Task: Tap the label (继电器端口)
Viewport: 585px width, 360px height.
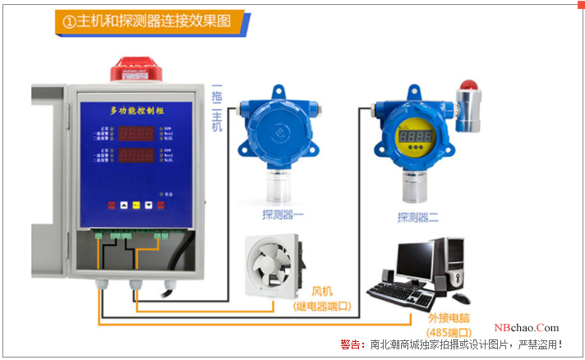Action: [322, 307]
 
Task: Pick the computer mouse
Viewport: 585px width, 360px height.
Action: [461, 298]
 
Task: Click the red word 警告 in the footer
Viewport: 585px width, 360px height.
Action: [351, 344]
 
